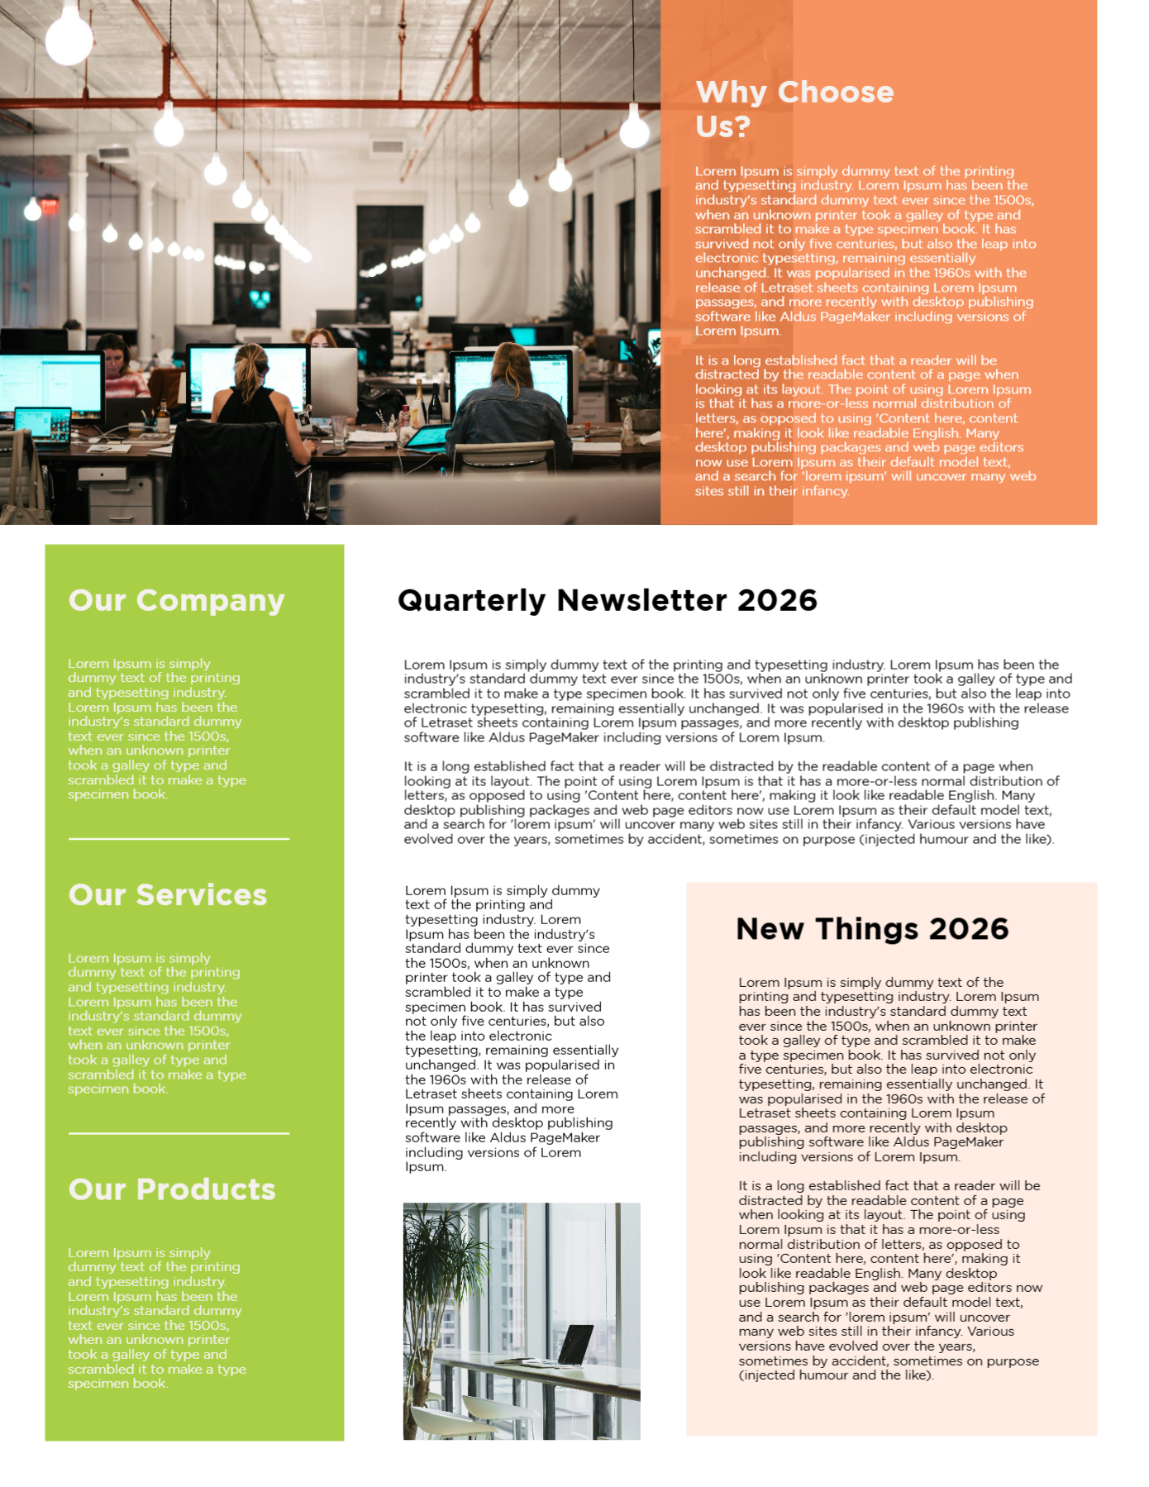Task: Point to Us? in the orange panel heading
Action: pyautogui.click(x=722, y=127)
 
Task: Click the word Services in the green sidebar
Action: pyautogui.click(x=201, y=895)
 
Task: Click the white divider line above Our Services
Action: pyautogui.click(x=179, y=839)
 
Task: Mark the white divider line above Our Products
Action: pyautogui.click(x=179, y=1133)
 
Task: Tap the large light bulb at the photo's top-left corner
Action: pyautogui.click(x=69, y=35)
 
